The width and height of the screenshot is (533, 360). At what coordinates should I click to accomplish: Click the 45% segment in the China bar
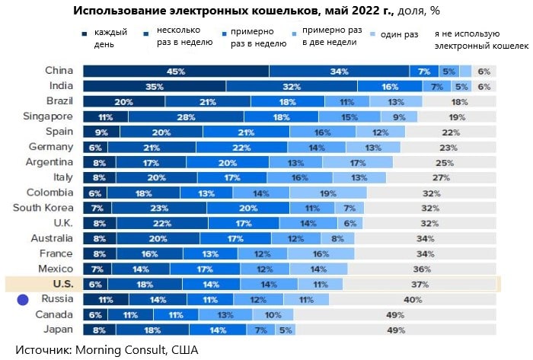point(176,72)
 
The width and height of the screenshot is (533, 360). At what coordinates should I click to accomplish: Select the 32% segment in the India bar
point(292,87)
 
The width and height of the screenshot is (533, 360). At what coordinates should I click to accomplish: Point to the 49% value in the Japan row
point(394,330)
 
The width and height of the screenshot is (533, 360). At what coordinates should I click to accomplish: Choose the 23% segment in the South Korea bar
point(156,208)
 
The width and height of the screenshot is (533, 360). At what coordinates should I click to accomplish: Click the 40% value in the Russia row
point(413,299)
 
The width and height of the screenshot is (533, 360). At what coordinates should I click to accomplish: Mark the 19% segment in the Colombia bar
point(328,193)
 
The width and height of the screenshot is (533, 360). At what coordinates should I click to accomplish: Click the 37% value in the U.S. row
point(420,284)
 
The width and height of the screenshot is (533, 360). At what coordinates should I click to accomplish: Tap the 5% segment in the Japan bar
point(285,330)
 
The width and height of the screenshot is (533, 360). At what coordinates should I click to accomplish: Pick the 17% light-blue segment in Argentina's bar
point(358,162)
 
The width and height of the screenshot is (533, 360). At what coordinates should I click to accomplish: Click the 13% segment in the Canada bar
point(225,314)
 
